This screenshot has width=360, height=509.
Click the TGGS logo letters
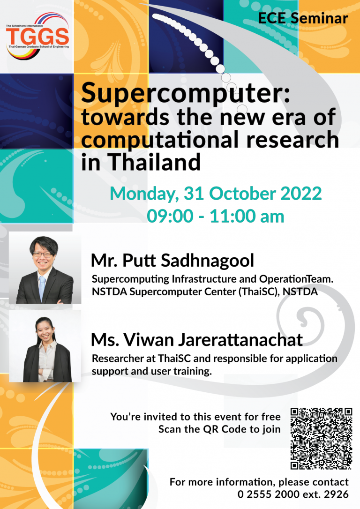(37, 36)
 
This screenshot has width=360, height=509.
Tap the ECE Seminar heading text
(303, 18)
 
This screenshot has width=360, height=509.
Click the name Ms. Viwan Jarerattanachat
(196, 339)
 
